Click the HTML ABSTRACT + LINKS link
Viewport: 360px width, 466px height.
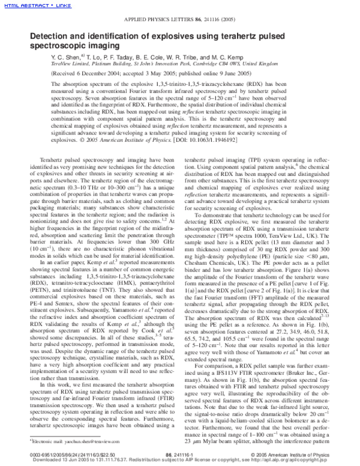(x=28, y=5)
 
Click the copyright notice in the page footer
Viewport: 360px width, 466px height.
(x=288, y=455)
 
